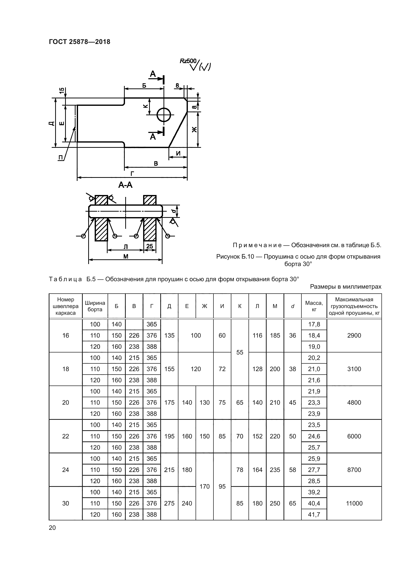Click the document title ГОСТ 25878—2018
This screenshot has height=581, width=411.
tap(80, 42)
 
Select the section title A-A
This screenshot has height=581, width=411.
tap(125, 185)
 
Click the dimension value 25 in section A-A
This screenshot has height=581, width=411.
tap(150, 246)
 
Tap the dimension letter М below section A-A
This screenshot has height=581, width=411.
tap(125, 257)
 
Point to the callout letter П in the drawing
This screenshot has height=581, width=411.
tap(60, 158)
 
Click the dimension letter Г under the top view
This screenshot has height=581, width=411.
tap(132, 173)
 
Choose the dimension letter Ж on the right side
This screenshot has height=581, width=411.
tap(194, 130)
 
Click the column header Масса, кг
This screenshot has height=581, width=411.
tap(314, 306)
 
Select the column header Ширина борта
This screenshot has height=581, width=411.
tap(95, 306)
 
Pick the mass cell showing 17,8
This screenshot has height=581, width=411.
tap(314, 324)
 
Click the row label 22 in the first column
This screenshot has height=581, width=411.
tap(66, 436)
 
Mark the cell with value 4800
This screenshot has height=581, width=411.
tap(354, 403)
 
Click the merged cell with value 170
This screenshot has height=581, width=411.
tap(205, 486)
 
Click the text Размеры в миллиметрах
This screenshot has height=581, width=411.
tap(345, 287)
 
